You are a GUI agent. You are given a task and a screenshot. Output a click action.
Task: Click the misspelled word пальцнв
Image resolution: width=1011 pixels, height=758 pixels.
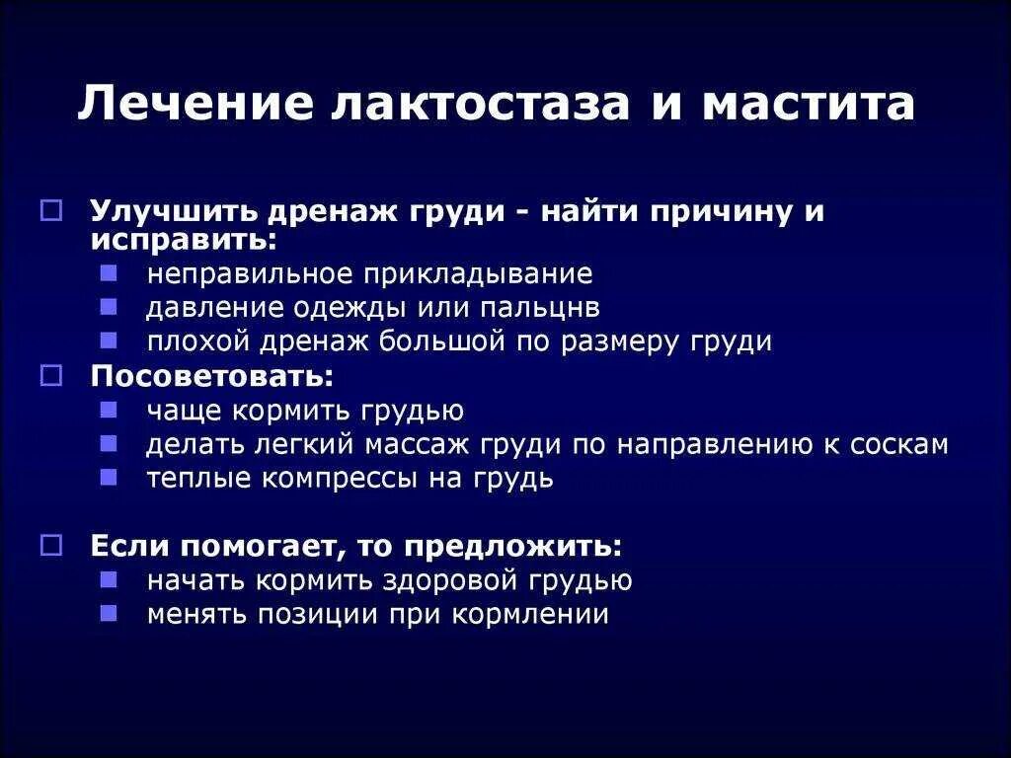[540, 307]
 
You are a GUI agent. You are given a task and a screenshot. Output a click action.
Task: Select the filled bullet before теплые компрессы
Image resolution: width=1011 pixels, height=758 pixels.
[110, 477]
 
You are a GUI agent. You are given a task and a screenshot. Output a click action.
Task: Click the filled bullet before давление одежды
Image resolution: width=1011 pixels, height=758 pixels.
[110, 306]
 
